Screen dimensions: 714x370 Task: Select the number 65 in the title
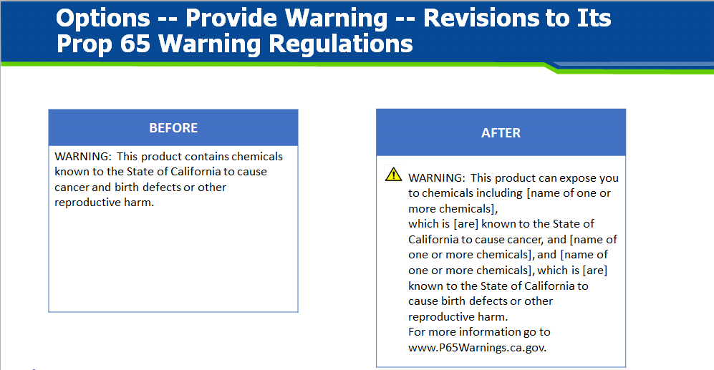(135, 44)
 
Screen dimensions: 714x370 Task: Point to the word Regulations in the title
(341, 45)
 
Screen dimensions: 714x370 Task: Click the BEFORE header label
(173, 128)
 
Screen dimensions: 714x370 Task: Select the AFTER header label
(501, 133)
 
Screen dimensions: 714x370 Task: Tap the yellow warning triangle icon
(393, 174)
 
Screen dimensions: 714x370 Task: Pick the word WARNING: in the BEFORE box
(83, 157)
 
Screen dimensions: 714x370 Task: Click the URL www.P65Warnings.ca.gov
(477, 348)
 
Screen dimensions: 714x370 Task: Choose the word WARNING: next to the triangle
(437, 178)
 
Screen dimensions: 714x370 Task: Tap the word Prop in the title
(85, 45)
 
